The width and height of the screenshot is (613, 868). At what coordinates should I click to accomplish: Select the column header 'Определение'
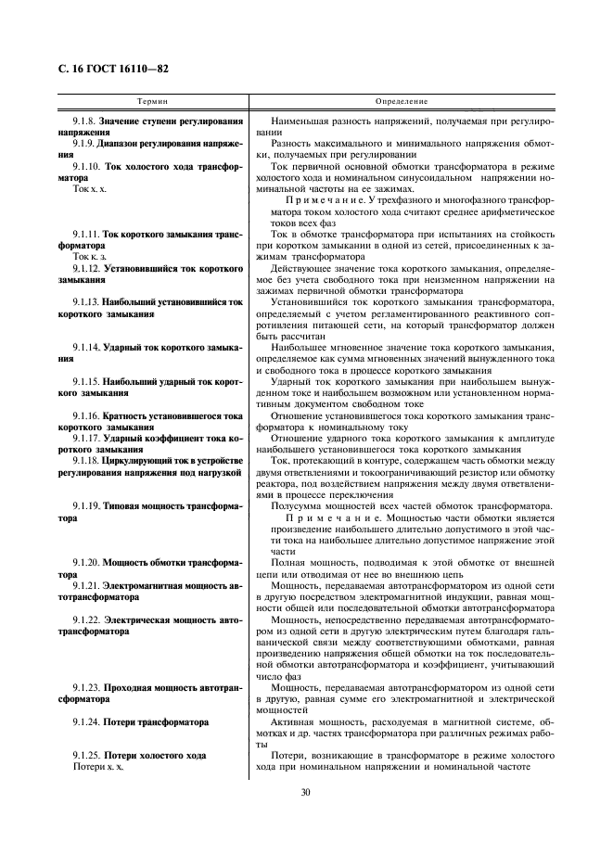(401, 100)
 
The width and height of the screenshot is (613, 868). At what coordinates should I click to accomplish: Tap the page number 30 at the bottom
(306, 792)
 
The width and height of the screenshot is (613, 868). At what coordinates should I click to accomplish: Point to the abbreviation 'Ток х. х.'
(90, 188)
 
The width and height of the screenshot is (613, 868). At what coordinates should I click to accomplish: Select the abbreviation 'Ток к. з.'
(89, 255)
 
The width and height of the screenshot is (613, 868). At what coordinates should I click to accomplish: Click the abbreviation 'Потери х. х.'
(97, 769)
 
